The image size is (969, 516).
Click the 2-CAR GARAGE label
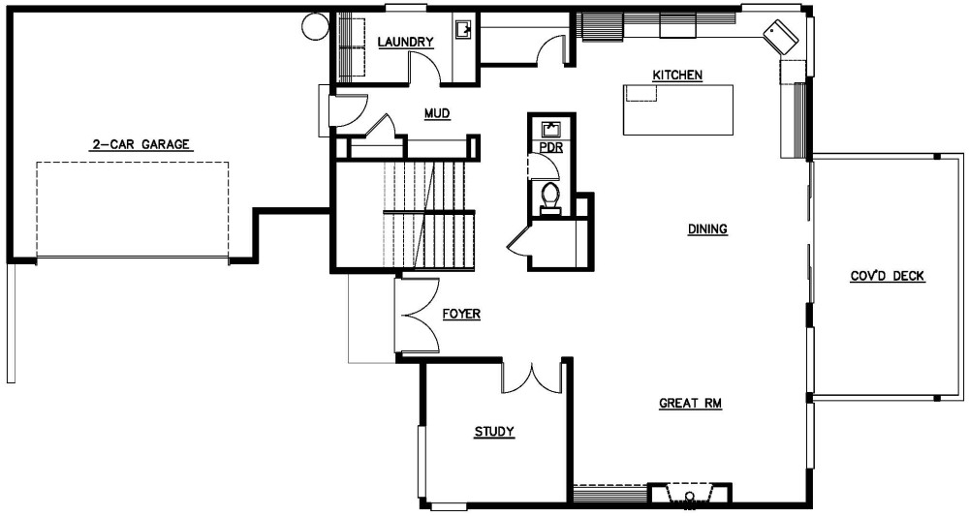click(141, 145)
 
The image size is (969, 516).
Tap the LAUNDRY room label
click(405, 42)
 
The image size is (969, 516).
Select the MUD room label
click(437, 113)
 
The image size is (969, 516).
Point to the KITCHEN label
click(677, 76)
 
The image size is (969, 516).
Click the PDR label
click(550, 147)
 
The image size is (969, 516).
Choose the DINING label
click(707, 229)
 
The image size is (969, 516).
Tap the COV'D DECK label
click(888, 277)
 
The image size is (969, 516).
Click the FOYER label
click(461, 315)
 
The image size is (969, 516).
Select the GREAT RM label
click(692, 403)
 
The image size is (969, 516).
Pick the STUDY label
click(493, 432)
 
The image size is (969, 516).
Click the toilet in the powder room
click(550, 197)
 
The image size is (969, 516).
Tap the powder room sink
click(550, 129)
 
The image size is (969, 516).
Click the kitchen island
click(677, 108)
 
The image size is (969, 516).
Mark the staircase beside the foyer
click(431, 215)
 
